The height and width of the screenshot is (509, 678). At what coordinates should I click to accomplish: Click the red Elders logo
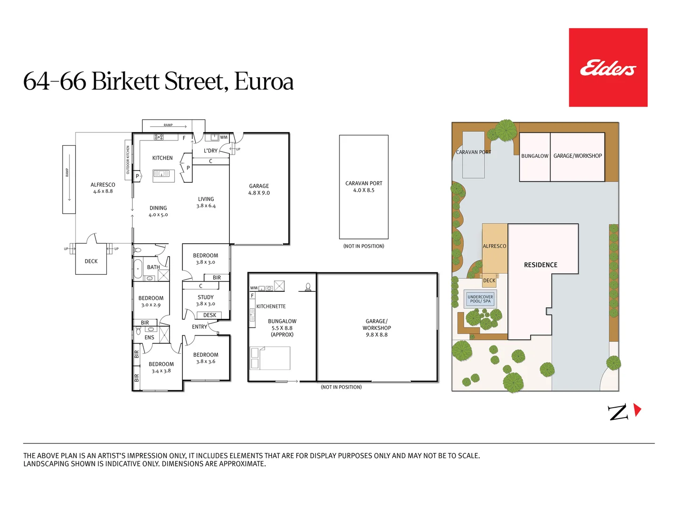pyautogui.click(x=608, y=67)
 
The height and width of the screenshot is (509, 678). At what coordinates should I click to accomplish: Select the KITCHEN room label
pyautogui.click(x=162, y=158)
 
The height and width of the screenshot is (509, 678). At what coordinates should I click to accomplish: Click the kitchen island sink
pyautogui.click(x=161, y=174)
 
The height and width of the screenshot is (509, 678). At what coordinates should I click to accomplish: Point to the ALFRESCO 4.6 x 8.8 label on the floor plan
pyautogui.click(x=103, y=188)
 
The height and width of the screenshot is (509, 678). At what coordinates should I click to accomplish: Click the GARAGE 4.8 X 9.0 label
pyautogui.click(x=259, y=189)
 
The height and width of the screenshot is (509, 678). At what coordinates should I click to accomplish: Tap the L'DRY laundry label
pyautogui.click(x=210, y=151)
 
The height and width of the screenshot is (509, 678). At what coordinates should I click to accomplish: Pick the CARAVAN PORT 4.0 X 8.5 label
pyautogui.click(x=364, y=187)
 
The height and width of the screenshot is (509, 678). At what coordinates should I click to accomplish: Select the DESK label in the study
pyautogui.click(x=210, y=315)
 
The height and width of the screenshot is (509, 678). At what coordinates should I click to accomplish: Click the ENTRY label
pyautogui.click(x=200, y=327)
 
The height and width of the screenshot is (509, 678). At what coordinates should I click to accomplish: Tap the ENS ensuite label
pyautogui.click(x=149, y=337)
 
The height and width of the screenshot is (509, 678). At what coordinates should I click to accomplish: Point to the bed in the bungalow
pyautogui.click(x=270, y=358)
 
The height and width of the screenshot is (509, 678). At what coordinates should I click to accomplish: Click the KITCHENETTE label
pyautogui.click(x=271, y=306)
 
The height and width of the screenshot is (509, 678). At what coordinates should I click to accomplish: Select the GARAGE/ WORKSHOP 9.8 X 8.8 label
pyautogui.click(x=377, y=328)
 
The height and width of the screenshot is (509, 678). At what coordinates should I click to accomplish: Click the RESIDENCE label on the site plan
pyautogui.click(x=541, y=265)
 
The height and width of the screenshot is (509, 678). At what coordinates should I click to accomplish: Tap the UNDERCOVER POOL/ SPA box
pyautogui.click(x=480, y=299)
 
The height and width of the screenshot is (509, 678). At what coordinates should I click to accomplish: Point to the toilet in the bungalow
pyautogui.click(x=308, y=287)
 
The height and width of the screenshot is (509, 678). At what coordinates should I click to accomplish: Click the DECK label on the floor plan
pyautogui.click(x=91, y=261)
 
